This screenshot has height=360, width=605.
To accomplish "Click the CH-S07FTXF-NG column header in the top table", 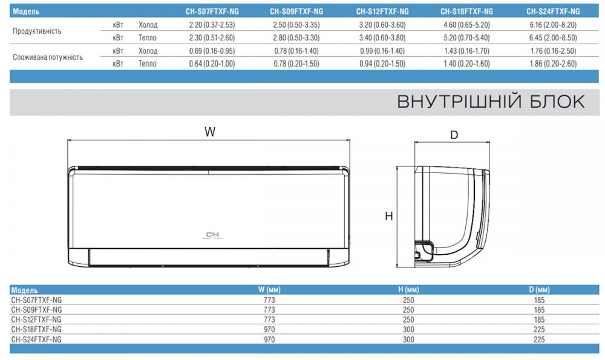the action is pos(212,11).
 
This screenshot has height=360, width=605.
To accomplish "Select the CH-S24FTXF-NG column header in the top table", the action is pos(553,11).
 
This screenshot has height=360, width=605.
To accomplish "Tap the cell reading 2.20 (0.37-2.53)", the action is pos(212,25).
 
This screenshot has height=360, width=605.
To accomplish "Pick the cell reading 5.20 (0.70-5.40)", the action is pos(466,38).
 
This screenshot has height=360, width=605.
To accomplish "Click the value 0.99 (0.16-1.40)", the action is pos(382,51).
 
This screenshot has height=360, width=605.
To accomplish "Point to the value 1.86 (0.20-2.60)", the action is pos(553,64).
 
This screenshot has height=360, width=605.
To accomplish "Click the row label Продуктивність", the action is pos(37,31).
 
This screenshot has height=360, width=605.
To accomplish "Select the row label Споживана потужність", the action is pos(48,57).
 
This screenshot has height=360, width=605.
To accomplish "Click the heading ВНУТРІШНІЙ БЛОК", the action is pos(491,102).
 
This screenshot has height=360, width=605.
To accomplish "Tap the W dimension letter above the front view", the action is pos(210,132).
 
